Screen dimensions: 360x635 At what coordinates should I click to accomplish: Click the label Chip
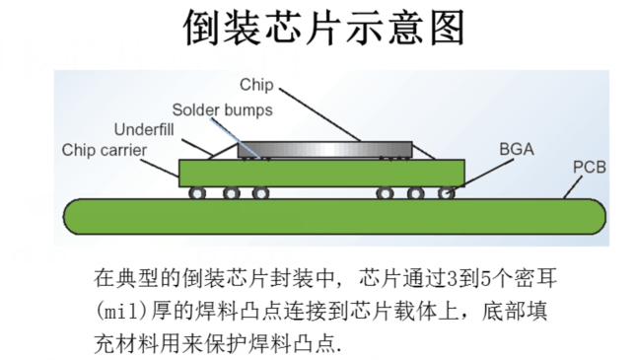click(x=256, y=85)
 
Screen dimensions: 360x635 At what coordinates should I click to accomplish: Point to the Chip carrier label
click(x=105, y=150)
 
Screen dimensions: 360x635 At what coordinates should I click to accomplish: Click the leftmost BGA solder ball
click(x=197, y=193)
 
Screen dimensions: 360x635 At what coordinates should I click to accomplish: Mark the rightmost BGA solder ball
click(x=447, y=193)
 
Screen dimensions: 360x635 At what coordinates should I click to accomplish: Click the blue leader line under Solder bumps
click(x=251, y=139)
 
